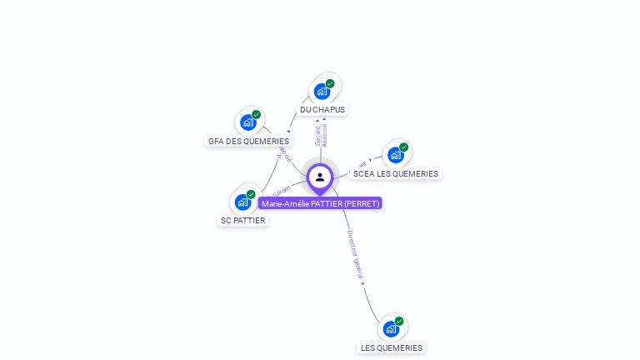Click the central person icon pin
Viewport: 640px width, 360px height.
tap(320, 177)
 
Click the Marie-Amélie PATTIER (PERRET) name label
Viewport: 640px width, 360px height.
tap(320, 203)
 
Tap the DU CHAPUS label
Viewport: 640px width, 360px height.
tap(322, 109)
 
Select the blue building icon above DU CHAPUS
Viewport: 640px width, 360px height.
tap(321, 92)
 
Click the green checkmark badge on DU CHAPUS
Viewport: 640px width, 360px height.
tap(330, 83)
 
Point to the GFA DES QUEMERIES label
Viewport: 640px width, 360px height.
tap(248, 141)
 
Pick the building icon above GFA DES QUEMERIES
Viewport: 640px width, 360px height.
tap(247, 122)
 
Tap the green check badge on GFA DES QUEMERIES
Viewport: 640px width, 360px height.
tap(257, 114)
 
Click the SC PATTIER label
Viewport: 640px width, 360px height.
tap(242, 221)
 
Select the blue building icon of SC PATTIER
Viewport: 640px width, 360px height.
tap(242, 202)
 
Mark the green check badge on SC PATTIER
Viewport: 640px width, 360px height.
tap(251, 194)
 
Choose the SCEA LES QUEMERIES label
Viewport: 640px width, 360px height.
tap(395, 173)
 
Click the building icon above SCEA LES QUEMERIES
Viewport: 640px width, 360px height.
tap(395, 155)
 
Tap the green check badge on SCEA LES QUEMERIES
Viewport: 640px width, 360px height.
tap(404, 147)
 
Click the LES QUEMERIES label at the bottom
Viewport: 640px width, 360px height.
tap(391, 347)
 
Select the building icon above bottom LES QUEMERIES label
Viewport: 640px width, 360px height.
tap(390, 329)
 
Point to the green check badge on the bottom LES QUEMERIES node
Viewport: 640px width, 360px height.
tap(399, 321)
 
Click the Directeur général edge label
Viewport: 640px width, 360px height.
tap(356, 253)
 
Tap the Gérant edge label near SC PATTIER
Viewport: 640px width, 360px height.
tap(284, 192)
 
